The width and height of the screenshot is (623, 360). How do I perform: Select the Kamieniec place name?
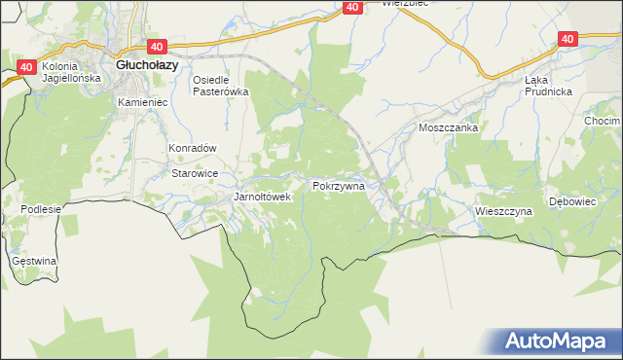click(142, 101)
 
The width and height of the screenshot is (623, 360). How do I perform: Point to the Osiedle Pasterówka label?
click(221, 85)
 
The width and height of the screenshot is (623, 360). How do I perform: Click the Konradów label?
click(192, 148)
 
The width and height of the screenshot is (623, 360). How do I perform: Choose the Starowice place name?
click(194, 172)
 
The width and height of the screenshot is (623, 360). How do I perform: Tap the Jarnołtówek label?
click(263, 197)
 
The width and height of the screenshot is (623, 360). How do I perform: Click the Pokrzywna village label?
click(338, 184)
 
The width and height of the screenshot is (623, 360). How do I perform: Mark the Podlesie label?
click(42, 209)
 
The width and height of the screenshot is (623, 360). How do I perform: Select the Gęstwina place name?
click(34, 262)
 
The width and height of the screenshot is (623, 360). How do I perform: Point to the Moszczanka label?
click(447, 127)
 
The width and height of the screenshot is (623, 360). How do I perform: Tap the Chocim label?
click(603, 121)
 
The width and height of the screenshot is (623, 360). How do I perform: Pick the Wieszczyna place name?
click(503, 210)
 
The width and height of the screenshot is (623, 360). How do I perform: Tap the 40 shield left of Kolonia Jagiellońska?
click(26, 67)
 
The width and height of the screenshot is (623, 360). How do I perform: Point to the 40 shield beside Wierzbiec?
click(353, 7)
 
